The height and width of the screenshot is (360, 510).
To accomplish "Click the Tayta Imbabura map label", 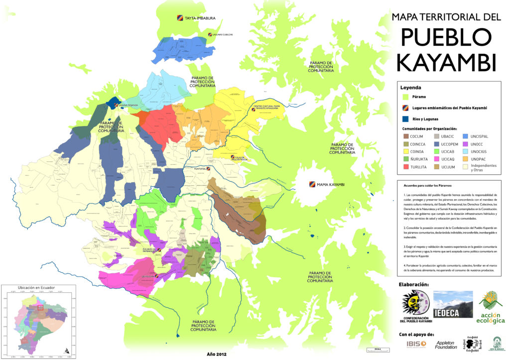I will pyautogui.click(x=200, y=18).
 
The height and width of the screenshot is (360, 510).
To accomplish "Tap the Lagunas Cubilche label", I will pyautogui.click(x=222, y=35).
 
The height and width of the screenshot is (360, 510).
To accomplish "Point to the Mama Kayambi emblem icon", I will pyautogui.click(x=312, y=185).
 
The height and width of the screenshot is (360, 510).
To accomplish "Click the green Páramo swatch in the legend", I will pyautogui.click(x=406, y=97).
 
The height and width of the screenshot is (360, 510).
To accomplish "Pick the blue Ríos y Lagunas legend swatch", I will pyautogui.click(x=406, y=119).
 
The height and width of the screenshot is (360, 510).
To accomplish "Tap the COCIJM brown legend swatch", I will pyautogui.click(x=406, y=135).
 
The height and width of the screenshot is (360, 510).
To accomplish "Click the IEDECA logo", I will pyautogui.click(x=453, y=304).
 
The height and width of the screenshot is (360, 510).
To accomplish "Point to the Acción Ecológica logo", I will pyautogui.click(x=491, y=307).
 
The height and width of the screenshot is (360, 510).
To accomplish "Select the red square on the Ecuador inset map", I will pyautogui.click(x=41, y=307).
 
